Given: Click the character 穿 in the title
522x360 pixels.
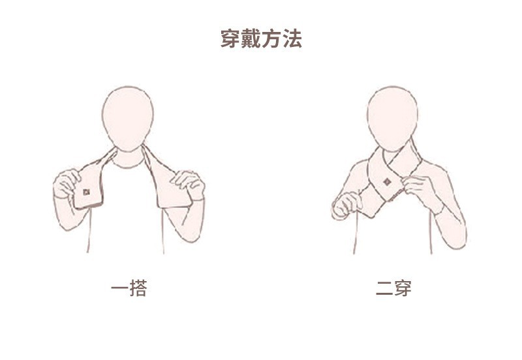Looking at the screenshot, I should [x=230, y=39].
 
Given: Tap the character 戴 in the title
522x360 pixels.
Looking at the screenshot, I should [x=251, y=39].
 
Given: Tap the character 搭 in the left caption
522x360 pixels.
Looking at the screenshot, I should [x=138, y=288].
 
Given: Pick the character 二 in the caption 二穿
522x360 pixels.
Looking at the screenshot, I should [x=384, y=288].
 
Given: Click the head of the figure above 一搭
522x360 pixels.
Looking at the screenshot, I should [x=128, y=117].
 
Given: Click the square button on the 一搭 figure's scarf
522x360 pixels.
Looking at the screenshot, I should [x=86, y=192].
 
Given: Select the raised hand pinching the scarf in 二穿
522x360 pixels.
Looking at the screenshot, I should [x=416, y=187].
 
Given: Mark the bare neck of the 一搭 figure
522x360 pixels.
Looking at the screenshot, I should [x=129, y=157].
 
